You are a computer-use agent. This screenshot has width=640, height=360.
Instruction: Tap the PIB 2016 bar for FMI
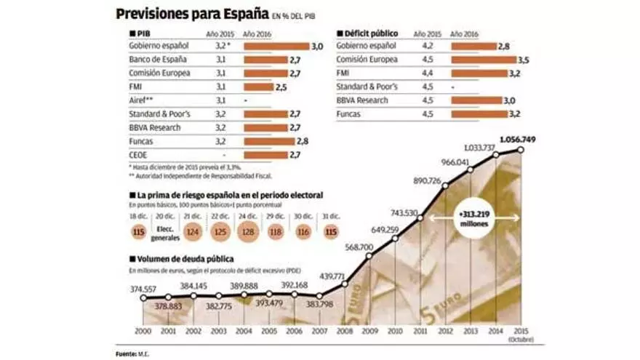(x=257, y=87)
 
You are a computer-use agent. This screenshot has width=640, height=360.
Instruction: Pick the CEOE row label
(x=138, y=155)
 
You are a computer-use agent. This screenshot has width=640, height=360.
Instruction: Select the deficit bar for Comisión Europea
(x=483, y=60)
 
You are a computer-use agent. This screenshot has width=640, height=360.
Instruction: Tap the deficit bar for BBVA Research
(x=476, y=100)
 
